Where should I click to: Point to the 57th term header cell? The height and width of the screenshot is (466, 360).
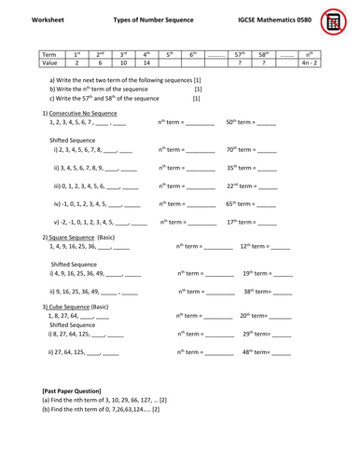coord(242,54)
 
